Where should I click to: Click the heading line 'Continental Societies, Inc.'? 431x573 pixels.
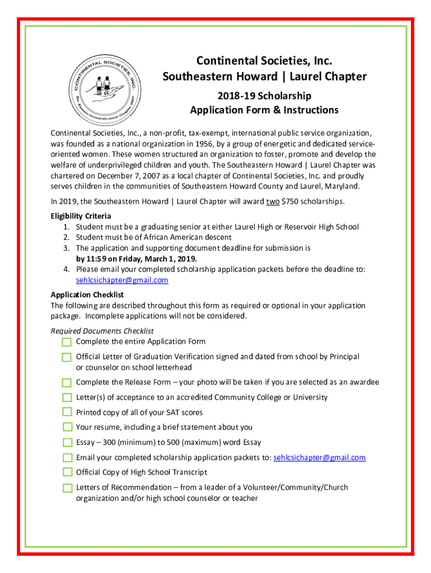[264, 60]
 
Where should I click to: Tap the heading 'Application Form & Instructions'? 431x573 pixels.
[264, 110]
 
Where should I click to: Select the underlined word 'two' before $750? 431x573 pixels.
[273, 201]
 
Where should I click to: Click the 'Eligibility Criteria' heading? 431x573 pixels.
[81, 216]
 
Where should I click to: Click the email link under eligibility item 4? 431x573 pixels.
[122, 280]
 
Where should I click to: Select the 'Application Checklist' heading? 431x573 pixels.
[87, 294]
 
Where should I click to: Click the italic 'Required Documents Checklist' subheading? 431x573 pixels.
[102, 331]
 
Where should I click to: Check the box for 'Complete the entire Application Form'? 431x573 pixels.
[67, 342]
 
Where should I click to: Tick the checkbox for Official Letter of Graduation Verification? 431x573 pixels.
[67, 357]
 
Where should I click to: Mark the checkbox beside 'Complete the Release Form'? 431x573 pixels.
[67, 383]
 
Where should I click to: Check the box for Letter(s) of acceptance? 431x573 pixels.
[67, 398]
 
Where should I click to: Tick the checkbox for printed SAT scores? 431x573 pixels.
[67, 412]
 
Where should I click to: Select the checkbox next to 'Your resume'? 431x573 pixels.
[67, 428]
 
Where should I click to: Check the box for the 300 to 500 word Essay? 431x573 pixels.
[67, 443]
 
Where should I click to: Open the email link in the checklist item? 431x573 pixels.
[320, 458]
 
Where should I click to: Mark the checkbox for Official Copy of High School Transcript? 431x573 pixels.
[67, 472]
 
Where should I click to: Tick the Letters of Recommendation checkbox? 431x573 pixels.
[67, 488]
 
